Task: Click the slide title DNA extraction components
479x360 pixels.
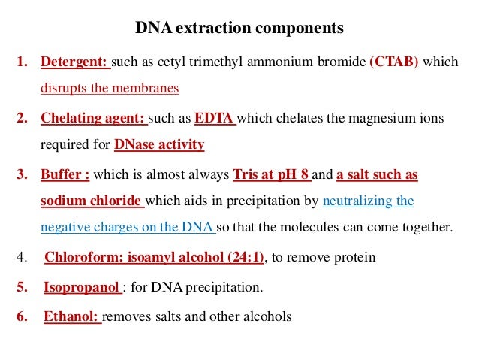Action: pos(239,29)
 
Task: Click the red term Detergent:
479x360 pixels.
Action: pos(75,62)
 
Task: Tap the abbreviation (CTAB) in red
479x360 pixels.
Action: pos(394,62)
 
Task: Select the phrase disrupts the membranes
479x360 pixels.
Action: pos(110,88)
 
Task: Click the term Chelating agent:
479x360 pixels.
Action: pos(94,118)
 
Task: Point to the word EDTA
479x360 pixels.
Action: pos(215,118)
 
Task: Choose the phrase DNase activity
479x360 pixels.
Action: pos(159,144)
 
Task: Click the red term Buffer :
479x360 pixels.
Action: pos(65,174)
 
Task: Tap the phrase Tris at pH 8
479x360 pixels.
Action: pos(271,174)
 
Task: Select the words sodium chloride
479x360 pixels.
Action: pos(91,201)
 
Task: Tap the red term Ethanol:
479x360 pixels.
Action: pos(71,316)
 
